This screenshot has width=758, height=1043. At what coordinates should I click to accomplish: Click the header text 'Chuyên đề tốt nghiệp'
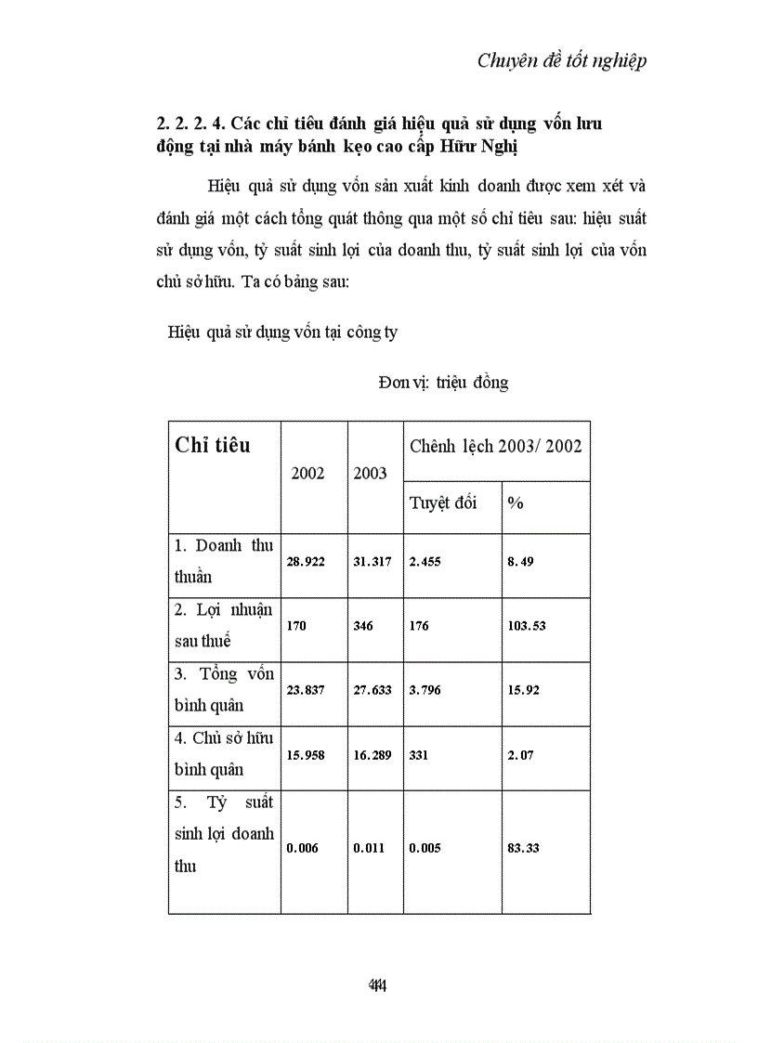[x=562, y=61]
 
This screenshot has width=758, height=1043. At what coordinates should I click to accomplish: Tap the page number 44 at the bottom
[x=377, y=985]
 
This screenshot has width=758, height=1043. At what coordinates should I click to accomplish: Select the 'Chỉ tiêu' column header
[x=213, y=445]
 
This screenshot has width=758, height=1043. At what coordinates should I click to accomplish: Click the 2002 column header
[x=307, y=473]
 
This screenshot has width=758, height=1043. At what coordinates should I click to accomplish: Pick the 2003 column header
[x=371, y=473]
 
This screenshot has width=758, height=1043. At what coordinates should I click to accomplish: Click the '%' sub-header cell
[x=516, y=502]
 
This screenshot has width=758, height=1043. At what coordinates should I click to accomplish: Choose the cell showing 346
[x=363, y=626]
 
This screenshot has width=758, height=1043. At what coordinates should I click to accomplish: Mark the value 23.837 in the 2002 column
[x=306, y=690]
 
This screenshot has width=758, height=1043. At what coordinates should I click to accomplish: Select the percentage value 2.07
[x=520, y=754]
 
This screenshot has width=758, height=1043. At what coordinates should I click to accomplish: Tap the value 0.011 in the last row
[x=369, y=848]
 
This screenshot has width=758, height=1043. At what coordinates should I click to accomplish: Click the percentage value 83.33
[x=523, y=848]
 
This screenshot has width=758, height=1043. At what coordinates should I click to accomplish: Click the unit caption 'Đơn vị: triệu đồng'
[x=443, y=383]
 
